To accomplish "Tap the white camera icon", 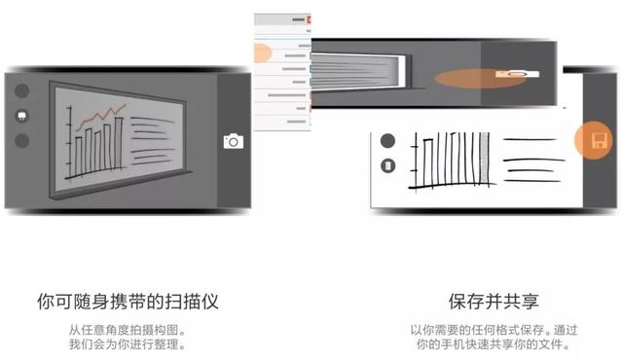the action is coord(234,141).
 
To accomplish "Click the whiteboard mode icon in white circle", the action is coord(21,116).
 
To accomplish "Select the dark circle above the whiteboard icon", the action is coord(21,90).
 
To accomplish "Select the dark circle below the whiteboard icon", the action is coord(21,140).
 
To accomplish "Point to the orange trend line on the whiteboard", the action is coord(101,116).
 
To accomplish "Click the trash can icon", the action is coord(387,165).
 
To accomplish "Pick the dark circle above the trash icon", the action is coord(387,140).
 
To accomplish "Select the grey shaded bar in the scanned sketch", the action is coord(485,159).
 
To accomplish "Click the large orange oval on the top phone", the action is coord(480,78).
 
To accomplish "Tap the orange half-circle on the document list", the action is coord(262,54).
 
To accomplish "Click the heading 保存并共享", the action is coord(494,302).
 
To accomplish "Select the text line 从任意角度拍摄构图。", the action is coord(128,330).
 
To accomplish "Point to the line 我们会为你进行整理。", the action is coord(128,344).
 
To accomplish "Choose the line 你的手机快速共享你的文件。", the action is coord(494,344).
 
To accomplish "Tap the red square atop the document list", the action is coord(310,19).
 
